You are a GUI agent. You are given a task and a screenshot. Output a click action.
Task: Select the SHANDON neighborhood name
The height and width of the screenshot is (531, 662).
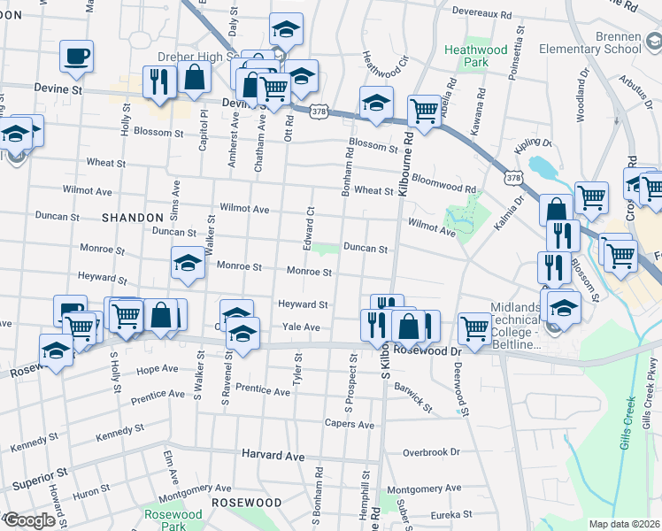133,217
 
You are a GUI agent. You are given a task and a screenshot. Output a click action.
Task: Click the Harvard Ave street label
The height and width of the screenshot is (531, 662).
273,456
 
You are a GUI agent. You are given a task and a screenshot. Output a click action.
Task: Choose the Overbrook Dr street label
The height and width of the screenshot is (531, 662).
432,451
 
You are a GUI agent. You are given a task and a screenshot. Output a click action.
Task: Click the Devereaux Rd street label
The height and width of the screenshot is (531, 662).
481,13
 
